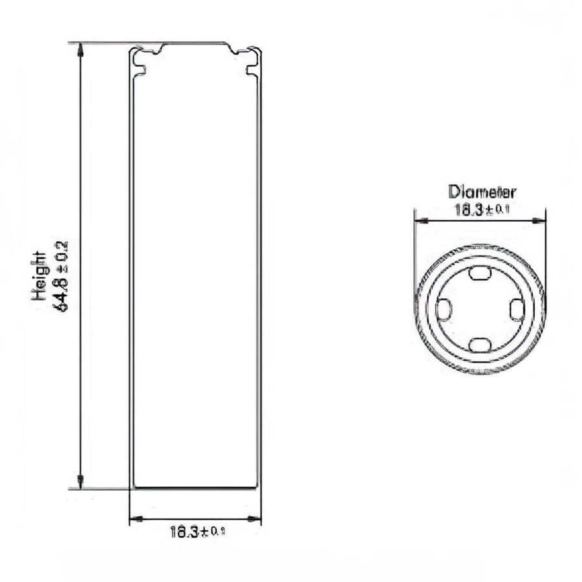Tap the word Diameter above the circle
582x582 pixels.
pyautogui.click(x=482, y=192)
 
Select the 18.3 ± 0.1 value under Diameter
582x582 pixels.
pyautogui.click(x=482, y=210)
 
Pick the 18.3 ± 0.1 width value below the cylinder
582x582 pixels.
pyautogui.click(x=198, y=532)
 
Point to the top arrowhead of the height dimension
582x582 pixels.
pyautogui.click(x=80, y=48)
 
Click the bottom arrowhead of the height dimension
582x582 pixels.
pyautogui.click(x=80, y=482)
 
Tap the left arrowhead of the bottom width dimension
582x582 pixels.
pyautogui.click(x=135, y=519)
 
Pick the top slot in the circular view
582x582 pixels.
pyautogui.click(x=479, y=274)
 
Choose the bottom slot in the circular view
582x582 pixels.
pyautogui.click(x=479, y=345)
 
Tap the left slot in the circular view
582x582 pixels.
pyautogui.click(x=443, y=310)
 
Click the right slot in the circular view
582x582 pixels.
pyautogui.click(x=515, y=310)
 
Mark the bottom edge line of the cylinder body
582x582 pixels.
pyautogui.click(x=195, y=487)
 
